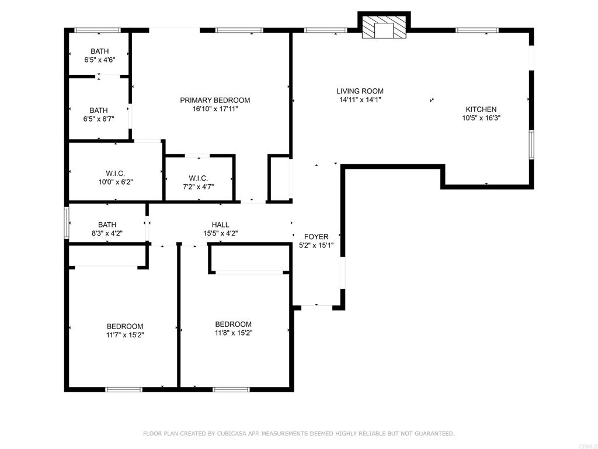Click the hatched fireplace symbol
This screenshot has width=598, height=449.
[x=384, y=27]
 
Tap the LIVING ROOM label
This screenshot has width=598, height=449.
[x=360, y=91]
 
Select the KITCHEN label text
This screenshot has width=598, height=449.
[x=481, y=109]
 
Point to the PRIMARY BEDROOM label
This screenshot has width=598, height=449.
[x=215, y=100]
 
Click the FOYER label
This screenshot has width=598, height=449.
[x=316, y=237]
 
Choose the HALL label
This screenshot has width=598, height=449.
[x=220, y=225]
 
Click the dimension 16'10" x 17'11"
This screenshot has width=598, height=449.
[x=215, y=109]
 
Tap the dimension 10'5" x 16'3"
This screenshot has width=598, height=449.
[x=481, y=118]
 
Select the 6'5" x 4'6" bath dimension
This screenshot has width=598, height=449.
[x=99, y=60]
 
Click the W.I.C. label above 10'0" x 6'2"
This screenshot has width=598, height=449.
[x=116, y=174]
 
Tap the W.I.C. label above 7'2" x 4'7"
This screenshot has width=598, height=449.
[x=199, y=178]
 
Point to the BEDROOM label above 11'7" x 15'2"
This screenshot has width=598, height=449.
[x=125, y=326]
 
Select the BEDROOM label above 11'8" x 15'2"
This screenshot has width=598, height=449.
[x=234, y=324]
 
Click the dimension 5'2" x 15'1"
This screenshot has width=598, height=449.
[x=316, y=246]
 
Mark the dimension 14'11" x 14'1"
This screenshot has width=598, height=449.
[x=360, y=99]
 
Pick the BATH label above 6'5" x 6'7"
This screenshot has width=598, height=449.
[x=99, y=110]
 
